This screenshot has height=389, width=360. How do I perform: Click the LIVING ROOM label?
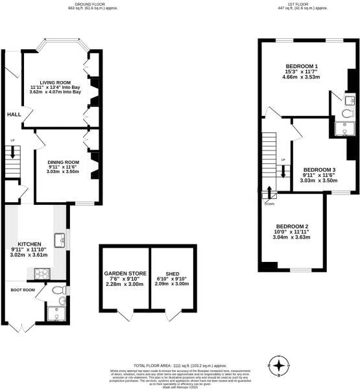(x=54, y=83)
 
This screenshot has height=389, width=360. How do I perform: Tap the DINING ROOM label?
(x=64, y=162)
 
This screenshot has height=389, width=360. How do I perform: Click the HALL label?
(x=13, y=115)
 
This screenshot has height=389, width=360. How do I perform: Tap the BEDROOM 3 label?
(x=319, y=170)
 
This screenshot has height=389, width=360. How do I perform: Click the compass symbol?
(x=279, y=366)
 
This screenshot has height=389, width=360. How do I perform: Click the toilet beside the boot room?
(x=58, y=290)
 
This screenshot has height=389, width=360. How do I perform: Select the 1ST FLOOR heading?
(x=296, y=4)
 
